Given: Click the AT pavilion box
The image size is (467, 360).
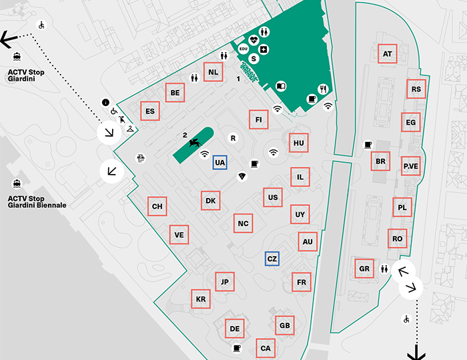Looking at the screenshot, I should point(387,54).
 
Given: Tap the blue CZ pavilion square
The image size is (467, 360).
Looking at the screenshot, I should point(272,259).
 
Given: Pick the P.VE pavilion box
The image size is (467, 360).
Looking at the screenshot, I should point(411,165).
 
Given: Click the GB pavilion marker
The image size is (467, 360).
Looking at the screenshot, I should point(285,325).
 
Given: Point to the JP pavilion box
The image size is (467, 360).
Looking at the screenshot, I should point(225,283).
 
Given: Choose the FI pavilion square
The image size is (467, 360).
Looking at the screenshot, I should point(258,119).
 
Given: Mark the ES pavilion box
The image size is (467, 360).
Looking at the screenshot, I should point(150,111).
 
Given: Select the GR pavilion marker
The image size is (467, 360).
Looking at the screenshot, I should point(364,269).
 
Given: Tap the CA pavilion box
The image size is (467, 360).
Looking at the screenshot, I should point(266,348).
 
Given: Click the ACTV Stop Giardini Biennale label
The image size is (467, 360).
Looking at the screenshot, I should point(37,202).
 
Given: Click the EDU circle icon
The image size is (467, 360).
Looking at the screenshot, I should point(244,49).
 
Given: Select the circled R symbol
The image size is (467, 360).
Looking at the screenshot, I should point(233,138).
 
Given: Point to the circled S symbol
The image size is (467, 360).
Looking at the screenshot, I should point(254,59).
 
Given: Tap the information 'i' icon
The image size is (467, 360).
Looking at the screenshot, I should point(105,102).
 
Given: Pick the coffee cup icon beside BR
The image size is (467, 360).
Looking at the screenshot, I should point(368,145).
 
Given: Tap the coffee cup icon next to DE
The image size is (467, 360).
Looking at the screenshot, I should point(237,347).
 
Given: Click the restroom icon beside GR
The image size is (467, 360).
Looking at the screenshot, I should point(384,269).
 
